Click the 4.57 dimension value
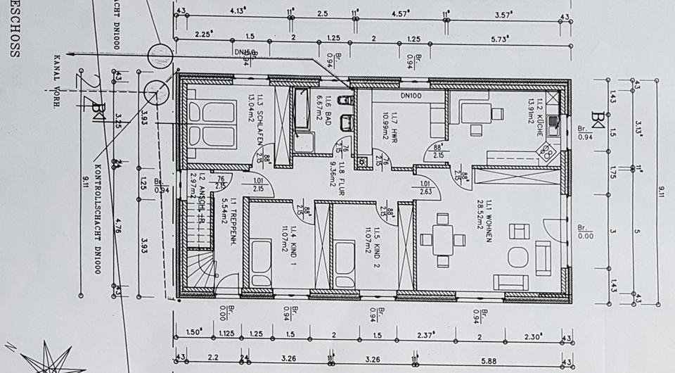pyautogui.click(x=400, y=12)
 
